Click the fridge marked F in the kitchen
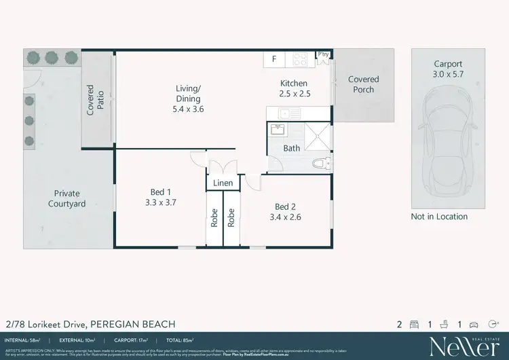tap(274, 59)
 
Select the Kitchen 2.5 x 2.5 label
tap(295, 89)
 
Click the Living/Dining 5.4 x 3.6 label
tap(189, 98)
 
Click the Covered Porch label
tap(363, 84)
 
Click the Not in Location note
tap(439, 217)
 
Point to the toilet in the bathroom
tap(322, 163)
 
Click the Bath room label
tap(292, 148)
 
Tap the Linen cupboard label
tap(223, 183)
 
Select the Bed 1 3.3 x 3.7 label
tap(161, 197)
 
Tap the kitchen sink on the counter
tap(286, 113)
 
